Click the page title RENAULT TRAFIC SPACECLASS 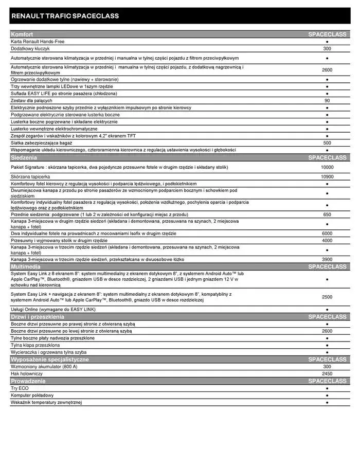coord(65,16)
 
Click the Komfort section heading coord(22,34)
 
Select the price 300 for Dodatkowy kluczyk coord(327,48)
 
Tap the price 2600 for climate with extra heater coord(327,70)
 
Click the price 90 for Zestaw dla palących coord(327,100)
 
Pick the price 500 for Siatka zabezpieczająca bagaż coord(327,142)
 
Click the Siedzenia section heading coord(24,157)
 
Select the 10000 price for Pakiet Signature coord(327,167)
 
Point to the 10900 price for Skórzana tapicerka coord(327,176)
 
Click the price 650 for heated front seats coord(327,214)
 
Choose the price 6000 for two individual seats coord(327,233)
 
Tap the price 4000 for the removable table coord(327,240)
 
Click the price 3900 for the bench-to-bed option coord(327,259)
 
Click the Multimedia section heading coord(26,267)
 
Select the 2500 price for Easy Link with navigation coord(327,297)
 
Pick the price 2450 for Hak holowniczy coord(327,373)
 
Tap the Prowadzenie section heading coord(28,381)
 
